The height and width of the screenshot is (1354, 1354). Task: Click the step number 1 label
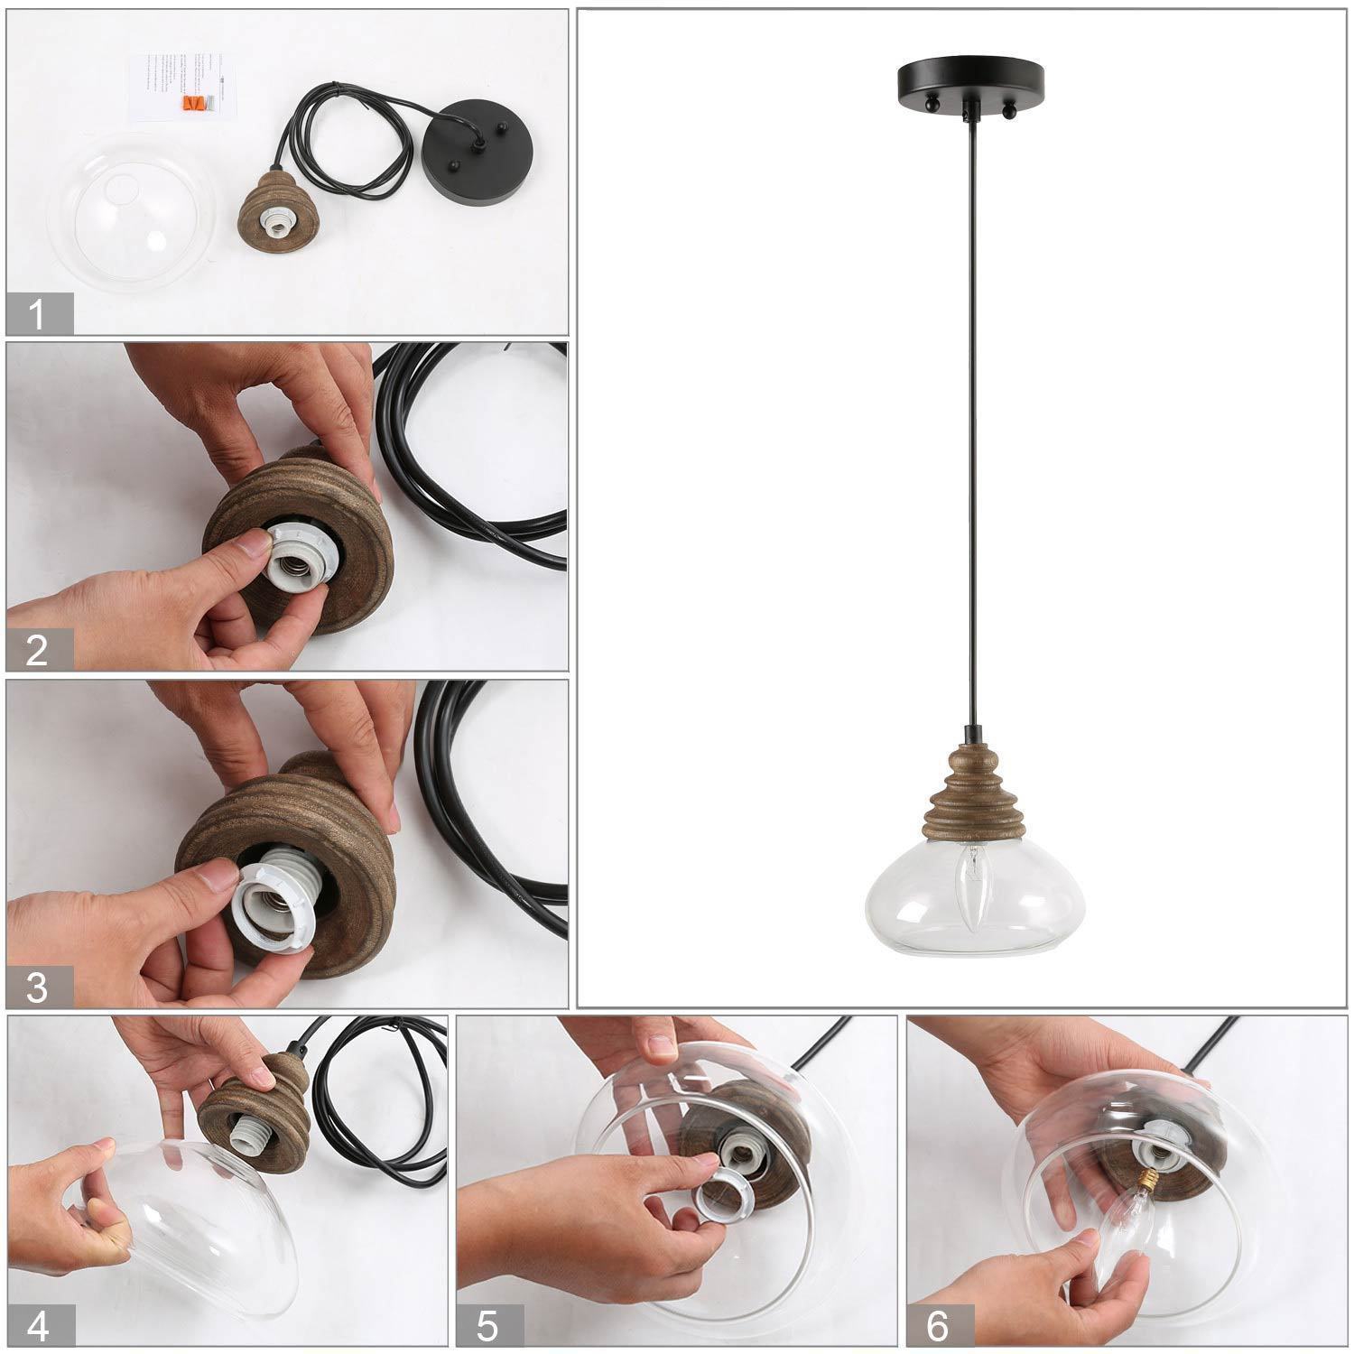[37, 315]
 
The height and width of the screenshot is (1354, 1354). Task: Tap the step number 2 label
[37, 650]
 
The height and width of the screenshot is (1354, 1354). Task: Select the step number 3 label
[37, 987]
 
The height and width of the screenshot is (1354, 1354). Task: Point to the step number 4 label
[37, 1326]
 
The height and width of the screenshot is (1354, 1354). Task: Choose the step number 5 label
[487, 1326]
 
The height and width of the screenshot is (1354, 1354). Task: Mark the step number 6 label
[938, 1326]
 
